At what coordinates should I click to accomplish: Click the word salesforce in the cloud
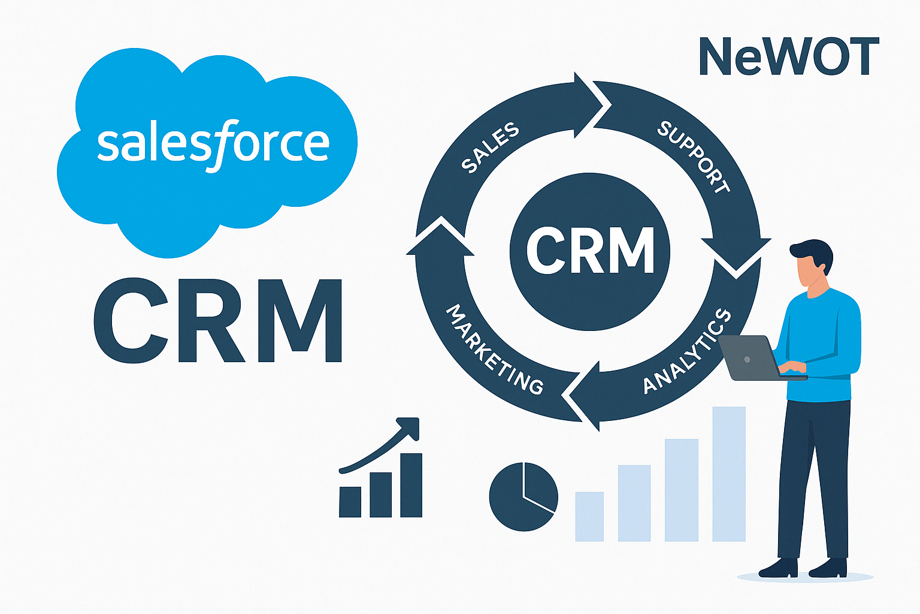coord(213,144)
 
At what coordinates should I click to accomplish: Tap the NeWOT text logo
coord(788,56)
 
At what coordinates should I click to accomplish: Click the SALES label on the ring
coord(490,148)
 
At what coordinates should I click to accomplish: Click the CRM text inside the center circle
coord(590,251)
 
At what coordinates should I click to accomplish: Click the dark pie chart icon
coord(523,496)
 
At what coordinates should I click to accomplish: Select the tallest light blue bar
coord(729,474)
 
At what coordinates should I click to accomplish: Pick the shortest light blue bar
coord(589,516)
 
